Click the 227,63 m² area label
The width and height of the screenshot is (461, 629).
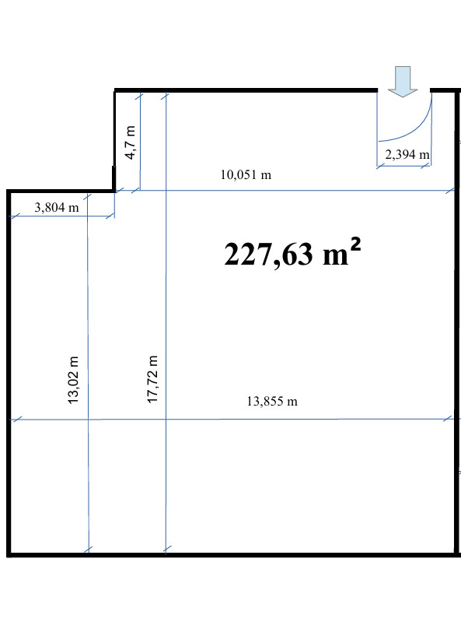coord(292,253)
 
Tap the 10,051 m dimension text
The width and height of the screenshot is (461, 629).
coord(246,175)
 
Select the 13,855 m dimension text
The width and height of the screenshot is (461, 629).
coord(272,401)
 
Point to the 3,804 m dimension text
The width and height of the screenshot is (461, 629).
coord(57,207)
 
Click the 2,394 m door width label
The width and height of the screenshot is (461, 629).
coord(407,154)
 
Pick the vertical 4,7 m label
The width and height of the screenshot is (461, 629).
coord(131,142)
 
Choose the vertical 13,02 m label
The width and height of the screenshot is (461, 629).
coord(73,380)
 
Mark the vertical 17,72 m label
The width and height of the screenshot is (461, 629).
coord(152,379)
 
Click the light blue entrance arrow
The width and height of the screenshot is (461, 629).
coord(403,82)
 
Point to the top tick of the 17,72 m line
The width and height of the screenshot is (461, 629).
coord(165,96)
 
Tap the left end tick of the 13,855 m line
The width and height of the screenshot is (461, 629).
coord(16,420)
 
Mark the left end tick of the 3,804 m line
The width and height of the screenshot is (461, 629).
coord(15,217)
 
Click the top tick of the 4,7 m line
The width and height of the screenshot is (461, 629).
coord(139,97)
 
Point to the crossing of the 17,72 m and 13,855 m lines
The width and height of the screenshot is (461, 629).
coord(166,419)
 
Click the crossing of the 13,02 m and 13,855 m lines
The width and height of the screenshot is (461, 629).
coord(88,420)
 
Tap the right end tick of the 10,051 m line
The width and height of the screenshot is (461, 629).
coord(450,191)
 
